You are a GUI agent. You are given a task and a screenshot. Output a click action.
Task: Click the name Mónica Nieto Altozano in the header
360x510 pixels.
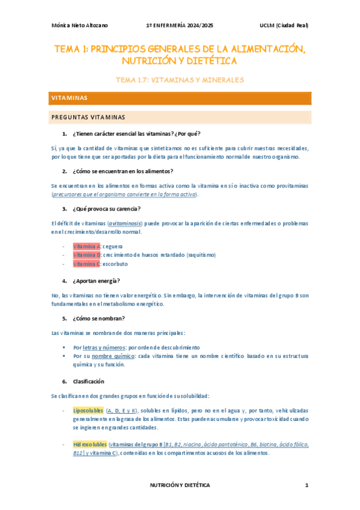(x=78, y=25)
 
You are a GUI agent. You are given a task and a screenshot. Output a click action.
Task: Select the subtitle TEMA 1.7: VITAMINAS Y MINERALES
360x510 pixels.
(x=180, y=79)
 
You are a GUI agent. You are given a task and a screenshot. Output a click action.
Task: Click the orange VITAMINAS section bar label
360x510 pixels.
(x=70, y=97)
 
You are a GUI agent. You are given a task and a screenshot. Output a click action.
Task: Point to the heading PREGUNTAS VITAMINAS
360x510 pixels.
(x=88, y=117)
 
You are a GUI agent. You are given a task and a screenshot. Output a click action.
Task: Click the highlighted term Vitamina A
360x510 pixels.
(x=87, y=247)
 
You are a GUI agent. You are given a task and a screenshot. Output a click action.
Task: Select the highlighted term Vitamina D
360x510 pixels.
(x=87, y=255)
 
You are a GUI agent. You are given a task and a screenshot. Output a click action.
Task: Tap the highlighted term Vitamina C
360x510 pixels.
(x=87, y=264)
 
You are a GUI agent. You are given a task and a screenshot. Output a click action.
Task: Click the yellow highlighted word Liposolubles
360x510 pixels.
(x=88, y=410)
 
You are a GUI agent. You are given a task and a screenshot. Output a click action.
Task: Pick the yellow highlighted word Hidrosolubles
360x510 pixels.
(x=90, y=444)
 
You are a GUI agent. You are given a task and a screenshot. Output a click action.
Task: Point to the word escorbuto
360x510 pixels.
(x=115, y=264)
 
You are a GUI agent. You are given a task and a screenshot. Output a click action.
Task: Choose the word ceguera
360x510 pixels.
(x=114, y=247)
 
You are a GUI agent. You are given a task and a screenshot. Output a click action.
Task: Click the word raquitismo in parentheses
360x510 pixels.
(x=201, y=255)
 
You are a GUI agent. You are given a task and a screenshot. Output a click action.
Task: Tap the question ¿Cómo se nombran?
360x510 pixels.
(x=99, y=318)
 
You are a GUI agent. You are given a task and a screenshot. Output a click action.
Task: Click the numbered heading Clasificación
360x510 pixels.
(x=88, y=381)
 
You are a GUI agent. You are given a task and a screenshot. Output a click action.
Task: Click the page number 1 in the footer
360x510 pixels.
(x=306, y=485)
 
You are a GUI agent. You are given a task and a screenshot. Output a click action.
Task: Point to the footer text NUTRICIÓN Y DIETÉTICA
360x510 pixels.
(x=180, y=485)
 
